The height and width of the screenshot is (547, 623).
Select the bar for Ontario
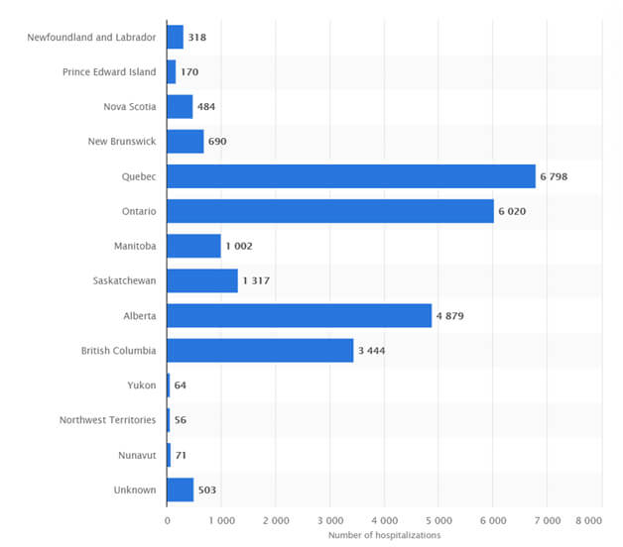pyautogui.click(x=329, y=211)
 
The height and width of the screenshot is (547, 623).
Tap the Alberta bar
pyautogui.click(x=299, y=315)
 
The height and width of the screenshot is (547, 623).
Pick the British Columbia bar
pyautogui.click(x=260, y=350)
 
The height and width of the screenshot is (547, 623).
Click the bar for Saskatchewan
pyautogui.click(x=202, y=280)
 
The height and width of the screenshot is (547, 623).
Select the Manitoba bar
pyautogui.click(x=193, y=246)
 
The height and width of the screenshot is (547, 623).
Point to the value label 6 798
pyautogui.click(x=554, y=176)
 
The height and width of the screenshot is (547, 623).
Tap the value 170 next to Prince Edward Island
pyautogui.click(x=189, y=72)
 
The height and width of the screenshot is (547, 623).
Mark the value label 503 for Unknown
pyautogui.click(x=207, y=490)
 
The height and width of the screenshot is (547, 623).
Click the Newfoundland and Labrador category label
pyautogui.click(x=92, y=38)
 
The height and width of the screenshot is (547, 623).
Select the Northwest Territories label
pyautogui.click(x=107, y=420)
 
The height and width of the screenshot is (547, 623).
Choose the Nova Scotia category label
pyautogui.click(x=129, y=107)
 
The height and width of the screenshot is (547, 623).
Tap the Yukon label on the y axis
pyautogui.click(x=141, y=385)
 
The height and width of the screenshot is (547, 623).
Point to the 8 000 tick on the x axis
pyautogui.click(x=587, y=519)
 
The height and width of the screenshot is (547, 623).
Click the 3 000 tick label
pyautogui.click(x=329, y=519)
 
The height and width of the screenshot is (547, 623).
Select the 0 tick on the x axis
pyautogui.click(x=167, y=519)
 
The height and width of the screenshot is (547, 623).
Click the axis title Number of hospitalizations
pyautogui.click(x=384, y=536)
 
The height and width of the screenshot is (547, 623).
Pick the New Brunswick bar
pyautogui.click(x=185, y=142)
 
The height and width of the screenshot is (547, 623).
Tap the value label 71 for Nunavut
pyautogui.click(x=181, y=455)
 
